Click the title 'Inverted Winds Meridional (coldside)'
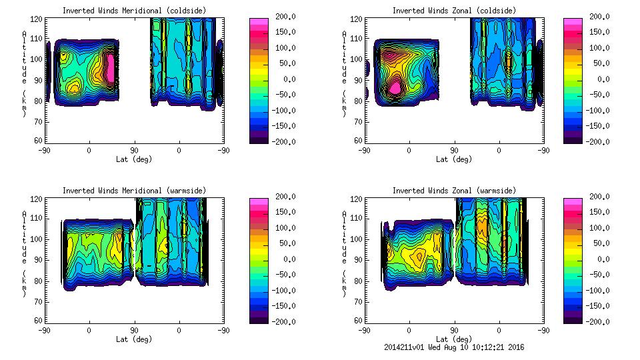(x=134, y=11)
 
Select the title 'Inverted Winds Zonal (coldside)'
(x=453, y=11)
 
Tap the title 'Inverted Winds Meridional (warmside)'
(x=134, y=191)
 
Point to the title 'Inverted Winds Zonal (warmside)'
(x=453, y=191)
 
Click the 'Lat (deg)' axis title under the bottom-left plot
(x=134, y=339)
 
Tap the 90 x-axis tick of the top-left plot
(x=134, y=151)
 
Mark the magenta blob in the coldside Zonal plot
(x=395, y=87)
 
